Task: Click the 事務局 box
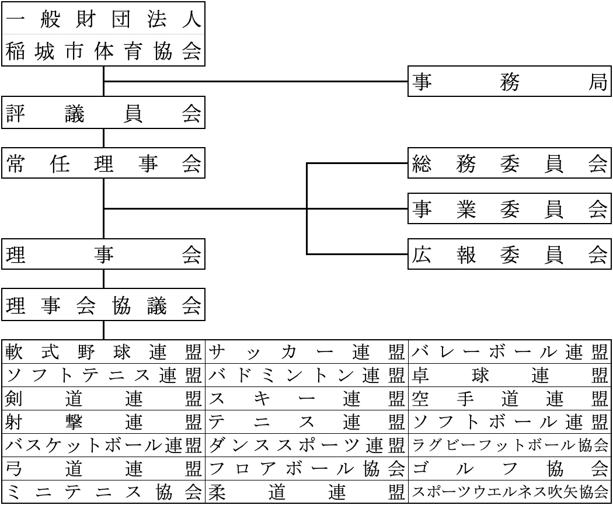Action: (x=510, y=81)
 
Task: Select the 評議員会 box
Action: (x=103, y=113)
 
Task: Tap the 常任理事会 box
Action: (x=103, y=163)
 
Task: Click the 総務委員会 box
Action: (x=510, y=163)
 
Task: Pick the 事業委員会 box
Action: (x=510, y=208)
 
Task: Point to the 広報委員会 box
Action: (x=510, y=254)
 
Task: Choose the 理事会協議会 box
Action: (x=103, y=305)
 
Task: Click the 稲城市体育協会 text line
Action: (x=103, y=51)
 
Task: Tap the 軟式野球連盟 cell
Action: (x=103, y=352)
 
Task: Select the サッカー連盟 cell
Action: (x=306, y=352)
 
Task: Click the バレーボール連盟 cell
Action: (x=510, y=352)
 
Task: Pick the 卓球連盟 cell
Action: (x=510, y=375)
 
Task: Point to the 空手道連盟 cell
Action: (x=510, y=399)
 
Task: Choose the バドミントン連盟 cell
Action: (x=306, y=375)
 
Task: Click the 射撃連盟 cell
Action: (x=103, y=422)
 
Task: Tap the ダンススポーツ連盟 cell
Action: (x=306, y=445)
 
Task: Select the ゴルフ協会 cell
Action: (x=510, y=468)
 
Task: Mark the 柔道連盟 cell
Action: (x=306, y=492)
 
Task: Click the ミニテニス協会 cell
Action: (x=103, y=492)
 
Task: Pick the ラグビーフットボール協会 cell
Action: (x=510, y=445)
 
